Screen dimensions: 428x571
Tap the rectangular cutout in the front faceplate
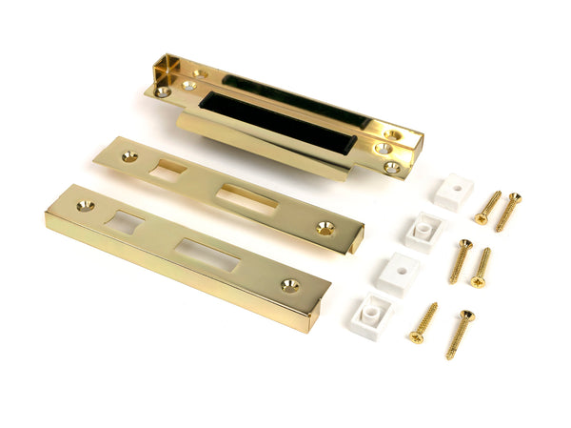pyautogui.click(x=207, y=255)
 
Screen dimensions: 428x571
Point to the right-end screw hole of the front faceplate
pyautogui.click(x=289, y=285)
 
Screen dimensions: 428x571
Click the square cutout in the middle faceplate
pyautogui.click(x=168, y=172)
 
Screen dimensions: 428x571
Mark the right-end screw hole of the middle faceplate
pyautogui.click(x=325, y=229)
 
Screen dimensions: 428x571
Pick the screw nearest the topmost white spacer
pyautogui.click(x=488, y=207)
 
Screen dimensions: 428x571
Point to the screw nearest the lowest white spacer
pyautogui.click(x=423, y=322)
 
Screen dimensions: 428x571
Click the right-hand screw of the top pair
pyautogui.click(x=507, y=211)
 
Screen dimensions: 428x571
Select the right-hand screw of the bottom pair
pyautogui.click(x=460, y=334)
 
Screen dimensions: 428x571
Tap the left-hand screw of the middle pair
pyautogui.click(x=460, y=260)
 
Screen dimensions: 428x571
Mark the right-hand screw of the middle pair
pyautogui.click(x=481, y=267)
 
